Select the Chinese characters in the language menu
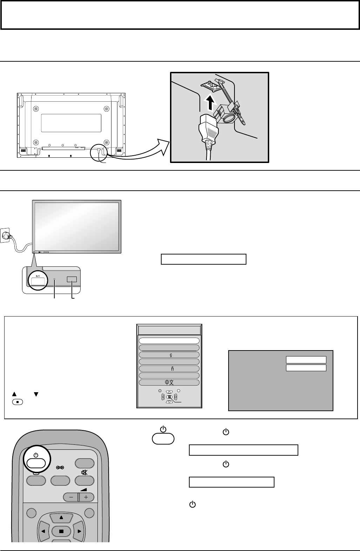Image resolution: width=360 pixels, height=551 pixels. coord(169,382)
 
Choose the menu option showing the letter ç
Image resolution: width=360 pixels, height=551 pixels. coord(169,355)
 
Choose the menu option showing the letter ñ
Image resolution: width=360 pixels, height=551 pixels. coord(169,368)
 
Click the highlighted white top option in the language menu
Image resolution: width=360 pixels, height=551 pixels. coord(169,341)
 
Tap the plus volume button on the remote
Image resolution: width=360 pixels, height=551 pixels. coord(86,497)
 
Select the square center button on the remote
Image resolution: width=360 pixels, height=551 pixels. coord(61,531)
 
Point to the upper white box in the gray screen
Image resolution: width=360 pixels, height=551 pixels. coord(306,360)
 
